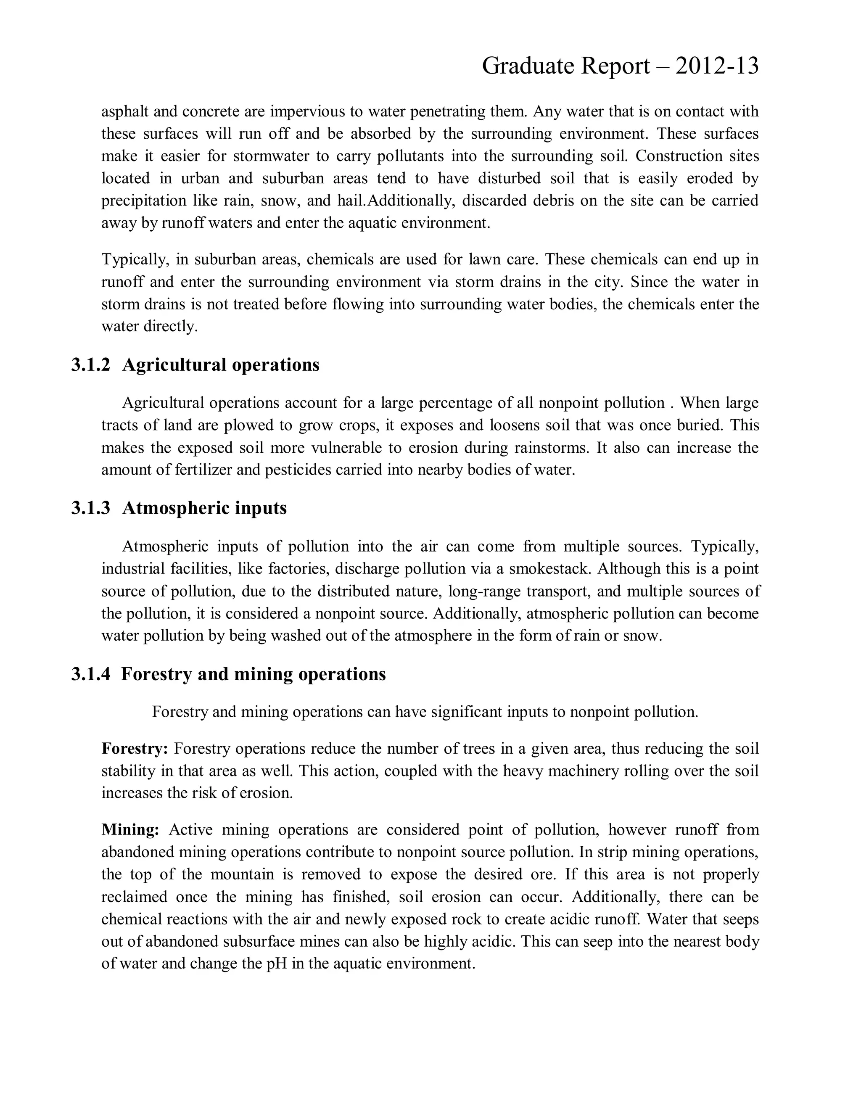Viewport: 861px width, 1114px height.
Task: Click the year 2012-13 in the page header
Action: [x=717, y=66]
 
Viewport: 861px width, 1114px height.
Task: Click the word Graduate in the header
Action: [x=522, y=66]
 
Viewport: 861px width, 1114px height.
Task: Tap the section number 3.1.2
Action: [x=90, y=365]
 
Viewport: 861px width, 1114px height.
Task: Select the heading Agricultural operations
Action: [x=220, y=365]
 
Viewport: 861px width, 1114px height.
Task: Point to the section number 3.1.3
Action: [x=90, y=508]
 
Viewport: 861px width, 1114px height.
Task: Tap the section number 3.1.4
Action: [x=90, y=674]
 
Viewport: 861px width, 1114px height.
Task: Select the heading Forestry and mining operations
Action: [x=253, y=674]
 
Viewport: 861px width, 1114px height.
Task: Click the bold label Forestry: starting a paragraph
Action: [x=135, y=748]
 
